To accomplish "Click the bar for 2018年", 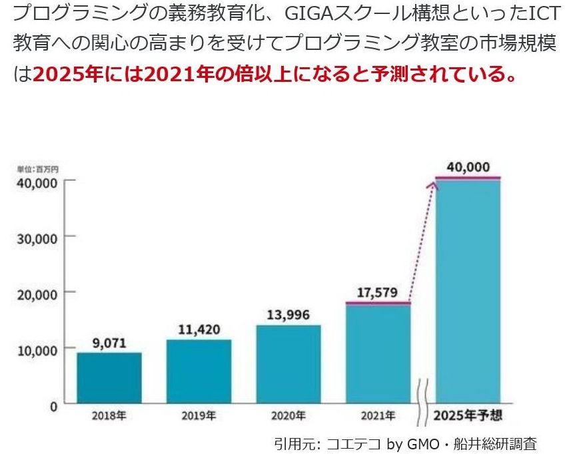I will pyautogui.click(x=109, y=377).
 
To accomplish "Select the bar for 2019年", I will pyautogui.click(x=199, y=371).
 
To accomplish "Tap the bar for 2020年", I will pyautogui.click(x=288, y=364).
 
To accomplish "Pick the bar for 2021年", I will pyautogui.click(x=378, y=353).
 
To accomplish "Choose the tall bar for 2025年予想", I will pyautogui.click(x=468, y=293).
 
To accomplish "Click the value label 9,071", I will pyautogui.click(x=109, y=344).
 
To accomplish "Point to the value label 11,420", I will pyautogui.click(x=199, y=330).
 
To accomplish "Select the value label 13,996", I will pyautogui.click(x=288, y=316).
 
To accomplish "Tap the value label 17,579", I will pyautogui.click(x=378, y=293).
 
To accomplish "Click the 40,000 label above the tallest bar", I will pyautogui.click(x=468, y=166).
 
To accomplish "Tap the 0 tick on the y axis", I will pyautogui.click(x=53, y=405).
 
